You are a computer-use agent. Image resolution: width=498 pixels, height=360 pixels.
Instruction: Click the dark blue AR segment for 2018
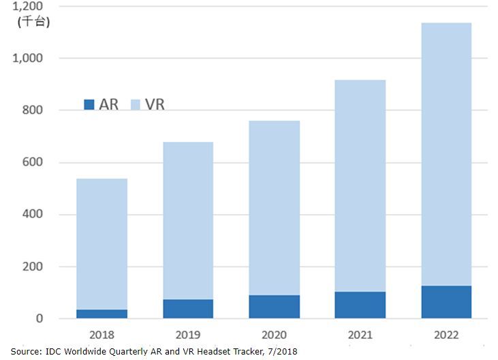102,314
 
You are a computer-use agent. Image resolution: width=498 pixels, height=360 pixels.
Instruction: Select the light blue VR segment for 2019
188,220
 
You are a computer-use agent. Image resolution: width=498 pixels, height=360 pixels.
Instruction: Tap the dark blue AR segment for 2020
274,306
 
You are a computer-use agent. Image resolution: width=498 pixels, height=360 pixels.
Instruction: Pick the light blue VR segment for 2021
360,185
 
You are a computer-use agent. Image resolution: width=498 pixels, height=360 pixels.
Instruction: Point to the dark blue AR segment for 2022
446,301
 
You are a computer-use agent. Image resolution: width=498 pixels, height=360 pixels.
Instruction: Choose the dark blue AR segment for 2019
188,308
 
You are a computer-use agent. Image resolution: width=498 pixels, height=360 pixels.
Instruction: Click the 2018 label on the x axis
102,335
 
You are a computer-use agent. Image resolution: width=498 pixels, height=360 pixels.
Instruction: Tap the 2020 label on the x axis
274,335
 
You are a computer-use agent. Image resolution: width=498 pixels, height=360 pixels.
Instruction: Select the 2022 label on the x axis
446,335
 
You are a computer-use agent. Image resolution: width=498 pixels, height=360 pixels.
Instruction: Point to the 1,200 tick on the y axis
29,7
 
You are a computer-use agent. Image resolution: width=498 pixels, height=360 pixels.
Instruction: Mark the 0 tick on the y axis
39,318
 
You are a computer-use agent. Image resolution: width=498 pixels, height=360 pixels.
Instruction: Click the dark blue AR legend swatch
89,104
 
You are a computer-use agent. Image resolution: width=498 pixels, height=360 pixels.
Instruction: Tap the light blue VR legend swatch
136,104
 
